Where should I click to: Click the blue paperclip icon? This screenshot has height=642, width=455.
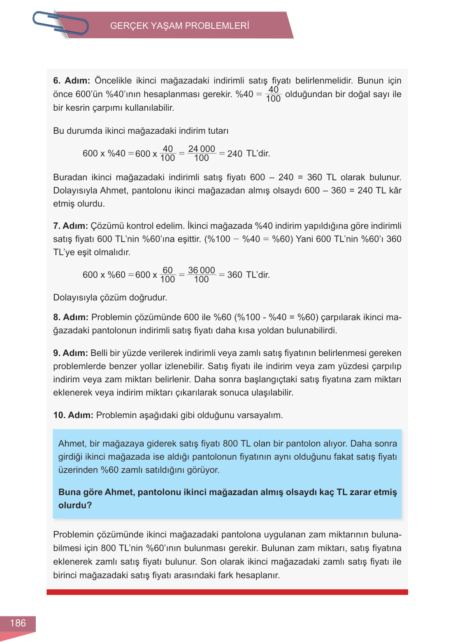click(x=60, y=24)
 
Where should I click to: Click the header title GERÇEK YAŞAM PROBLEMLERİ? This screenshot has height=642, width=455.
click(x=179, y=26)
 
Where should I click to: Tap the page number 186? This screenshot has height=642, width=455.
click(x=18, y=623)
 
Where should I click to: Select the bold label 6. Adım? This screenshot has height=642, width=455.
click(x=71, y=81)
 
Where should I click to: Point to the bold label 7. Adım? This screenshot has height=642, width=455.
click(x=70, y=226)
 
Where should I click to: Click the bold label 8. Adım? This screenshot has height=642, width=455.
click(x=71, y=317)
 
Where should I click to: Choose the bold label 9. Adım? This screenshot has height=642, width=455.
click(x=70, y=353)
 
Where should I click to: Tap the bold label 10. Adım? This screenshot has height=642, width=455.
click(x=73, y=415)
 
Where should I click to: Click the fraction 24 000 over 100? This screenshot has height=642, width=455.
click(x=202, y=154)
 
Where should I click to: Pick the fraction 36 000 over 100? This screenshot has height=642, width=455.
click(x=202, y=275)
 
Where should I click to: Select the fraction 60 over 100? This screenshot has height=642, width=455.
click(x=167, y=275)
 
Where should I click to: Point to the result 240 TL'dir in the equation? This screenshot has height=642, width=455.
click(x=248, y=154)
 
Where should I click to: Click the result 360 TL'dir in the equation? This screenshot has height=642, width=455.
click(x=248, y=275)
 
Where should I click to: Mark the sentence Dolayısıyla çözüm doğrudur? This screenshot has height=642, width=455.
click(x=110, y=298)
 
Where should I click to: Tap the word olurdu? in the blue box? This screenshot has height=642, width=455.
click(x=75, y=505)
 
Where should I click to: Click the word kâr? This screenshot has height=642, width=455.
click(x=395, y=191)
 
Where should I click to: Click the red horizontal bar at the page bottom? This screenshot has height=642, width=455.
click(x=227, y=592)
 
